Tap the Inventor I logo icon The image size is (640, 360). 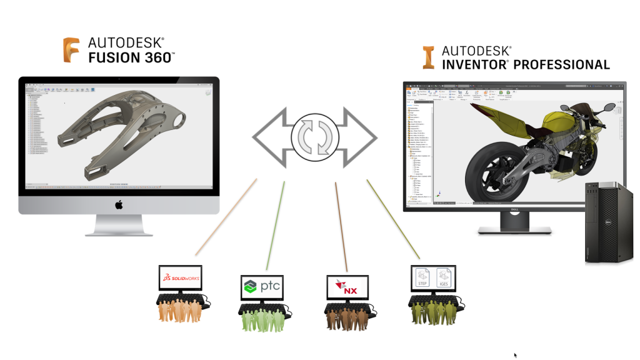(x=428, y=57)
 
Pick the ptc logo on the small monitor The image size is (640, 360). (x=262, y=286)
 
